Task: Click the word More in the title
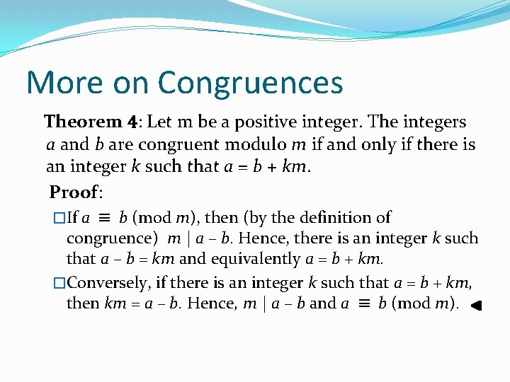[62, 83]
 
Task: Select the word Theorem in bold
[84, 122]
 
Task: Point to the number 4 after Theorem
[132, 122]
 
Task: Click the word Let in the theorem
[160, 122]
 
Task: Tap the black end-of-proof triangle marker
[476, 306]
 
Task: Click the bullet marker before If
[59, 219]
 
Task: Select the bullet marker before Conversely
[59, 283]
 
